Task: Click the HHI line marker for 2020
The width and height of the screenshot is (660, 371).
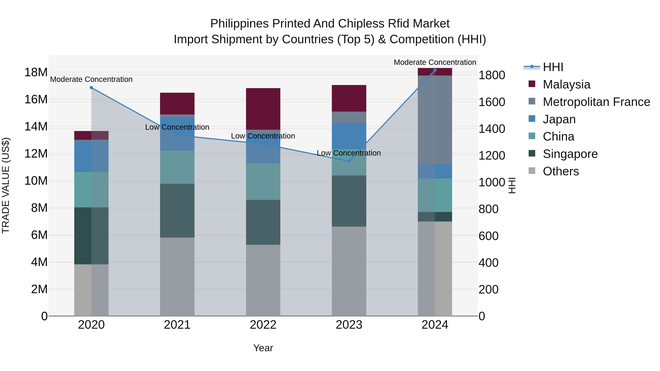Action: (x=91, y=88)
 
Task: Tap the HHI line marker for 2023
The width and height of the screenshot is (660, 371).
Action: (x=349, y=161)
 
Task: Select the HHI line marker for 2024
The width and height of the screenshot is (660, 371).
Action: (x=435, y=70)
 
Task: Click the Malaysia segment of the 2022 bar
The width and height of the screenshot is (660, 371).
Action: (x=263, y=109)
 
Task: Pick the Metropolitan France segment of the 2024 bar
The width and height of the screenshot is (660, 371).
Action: (x=435, y=120)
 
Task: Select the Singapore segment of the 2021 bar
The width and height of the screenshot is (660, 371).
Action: (x=177, y=211)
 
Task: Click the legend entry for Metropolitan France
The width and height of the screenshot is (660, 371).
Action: (x=596, y=102)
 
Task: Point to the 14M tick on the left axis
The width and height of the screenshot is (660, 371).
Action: (x=36, y=126)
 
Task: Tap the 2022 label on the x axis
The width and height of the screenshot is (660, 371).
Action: (x=263, y=325)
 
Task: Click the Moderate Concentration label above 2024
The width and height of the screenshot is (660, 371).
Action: (x=435, y=62)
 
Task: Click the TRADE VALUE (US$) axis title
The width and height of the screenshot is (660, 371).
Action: (x=6, y=185)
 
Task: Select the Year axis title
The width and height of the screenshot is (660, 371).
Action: (x=263, y=348)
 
